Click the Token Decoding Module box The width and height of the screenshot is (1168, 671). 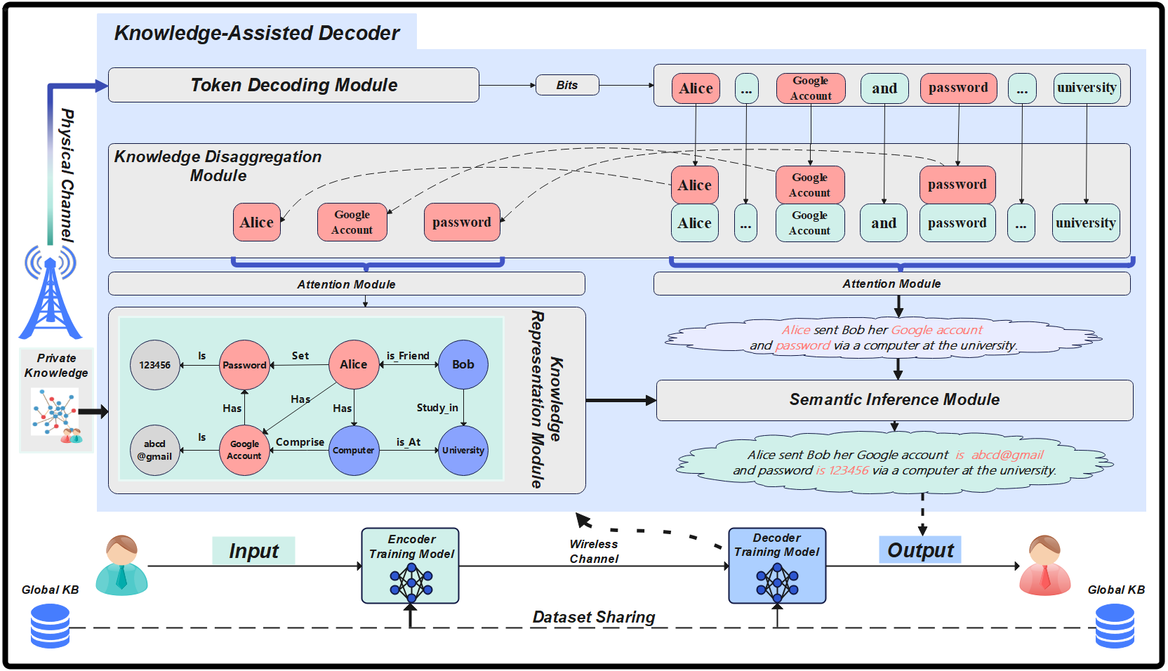tap(293, 85)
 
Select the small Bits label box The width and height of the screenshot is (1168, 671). tap(567, 85)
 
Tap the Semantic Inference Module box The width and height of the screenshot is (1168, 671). tap(894, 400)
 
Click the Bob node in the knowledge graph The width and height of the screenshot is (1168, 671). tap(463, 364)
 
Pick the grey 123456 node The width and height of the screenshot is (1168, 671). tap(155, 365)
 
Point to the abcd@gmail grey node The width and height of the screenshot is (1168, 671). tap(155, 450)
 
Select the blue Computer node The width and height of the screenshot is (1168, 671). tap(354, 451)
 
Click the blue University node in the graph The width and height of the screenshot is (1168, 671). tap(463, 451)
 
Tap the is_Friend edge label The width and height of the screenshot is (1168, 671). tap(408, 356)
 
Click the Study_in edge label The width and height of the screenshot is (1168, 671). tap(437, 408)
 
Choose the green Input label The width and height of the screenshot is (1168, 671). tap(253, 551)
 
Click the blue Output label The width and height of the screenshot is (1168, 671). tap(920, 550)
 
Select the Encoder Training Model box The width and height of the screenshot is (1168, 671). tap(411, 566)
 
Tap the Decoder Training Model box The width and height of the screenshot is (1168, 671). tap(777, 566)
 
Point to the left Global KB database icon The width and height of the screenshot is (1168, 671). tap(51, 626)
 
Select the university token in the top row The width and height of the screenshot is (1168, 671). tap(1087, 88)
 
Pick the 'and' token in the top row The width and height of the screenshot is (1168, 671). tap(884, 89)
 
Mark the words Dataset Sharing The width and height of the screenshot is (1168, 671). tap(594, 617)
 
